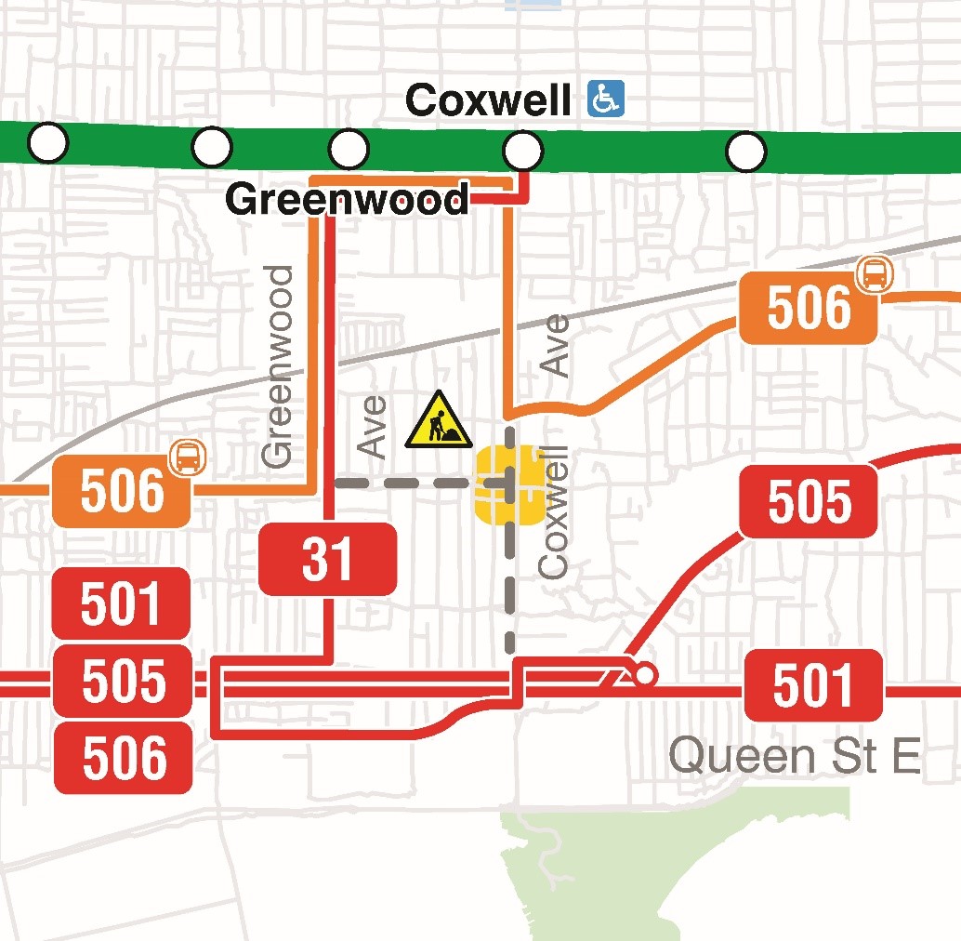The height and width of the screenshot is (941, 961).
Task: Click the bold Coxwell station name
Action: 488,100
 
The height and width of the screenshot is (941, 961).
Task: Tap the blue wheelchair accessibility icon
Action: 606,99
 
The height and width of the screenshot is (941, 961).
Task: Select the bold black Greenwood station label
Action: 347,200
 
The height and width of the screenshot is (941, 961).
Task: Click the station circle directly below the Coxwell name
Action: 522,149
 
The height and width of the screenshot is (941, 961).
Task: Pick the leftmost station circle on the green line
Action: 48,143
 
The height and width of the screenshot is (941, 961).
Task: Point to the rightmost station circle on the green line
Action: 745,151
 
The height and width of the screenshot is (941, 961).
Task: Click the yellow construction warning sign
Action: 439,420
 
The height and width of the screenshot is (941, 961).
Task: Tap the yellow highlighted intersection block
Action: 509,484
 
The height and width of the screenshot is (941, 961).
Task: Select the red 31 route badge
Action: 327,559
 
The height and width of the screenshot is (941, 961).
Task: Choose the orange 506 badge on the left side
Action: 121,492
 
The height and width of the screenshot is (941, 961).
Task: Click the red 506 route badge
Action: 123,758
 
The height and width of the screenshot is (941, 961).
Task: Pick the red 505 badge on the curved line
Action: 808,501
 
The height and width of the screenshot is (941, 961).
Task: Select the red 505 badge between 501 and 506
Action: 123,682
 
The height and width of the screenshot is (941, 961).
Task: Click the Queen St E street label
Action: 795,755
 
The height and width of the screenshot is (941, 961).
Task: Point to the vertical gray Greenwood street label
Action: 278,366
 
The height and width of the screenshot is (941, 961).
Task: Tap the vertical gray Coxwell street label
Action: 554,512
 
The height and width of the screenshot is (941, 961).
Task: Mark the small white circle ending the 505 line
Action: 643,674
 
